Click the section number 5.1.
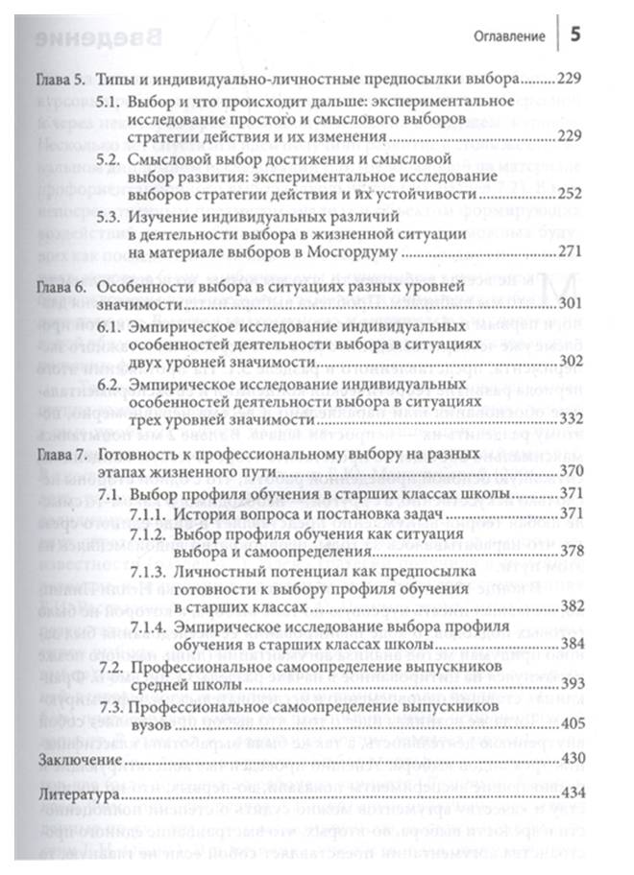pos(114,100)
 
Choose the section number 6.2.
pos(114,381)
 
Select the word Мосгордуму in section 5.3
pos(354,253)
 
